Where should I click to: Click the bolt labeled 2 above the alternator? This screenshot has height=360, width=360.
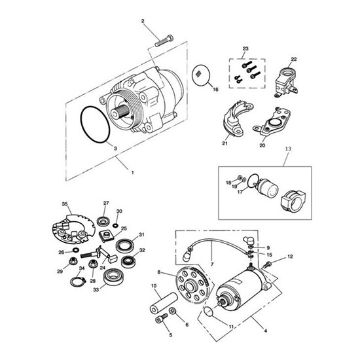coord(164,41)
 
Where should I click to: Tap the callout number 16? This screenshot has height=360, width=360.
coord(215,89)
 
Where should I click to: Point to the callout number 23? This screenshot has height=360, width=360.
coord(245,48)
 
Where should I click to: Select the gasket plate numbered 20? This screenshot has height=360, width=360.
coord(272,122)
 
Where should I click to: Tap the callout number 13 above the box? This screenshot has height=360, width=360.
coord(288,149)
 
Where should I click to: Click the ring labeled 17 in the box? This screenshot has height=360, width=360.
coord(249,181)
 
